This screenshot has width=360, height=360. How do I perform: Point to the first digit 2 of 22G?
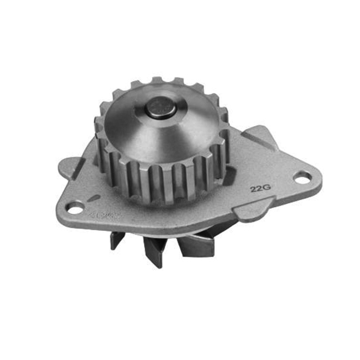pyautogui.click(x=253, y=190)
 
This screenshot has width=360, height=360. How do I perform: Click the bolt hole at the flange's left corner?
pyautogui.click(x=74, y=207)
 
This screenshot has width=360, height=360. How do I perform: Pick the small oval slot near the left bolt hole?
pyautogui.click(x=94, y=198)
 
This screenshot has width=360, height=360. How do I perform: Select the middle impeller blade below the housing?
pyautogui.click(x=153, y=251)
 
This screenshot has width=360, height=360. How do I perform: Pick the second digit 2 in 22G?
pyautogui.click(x=258, y=190)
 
